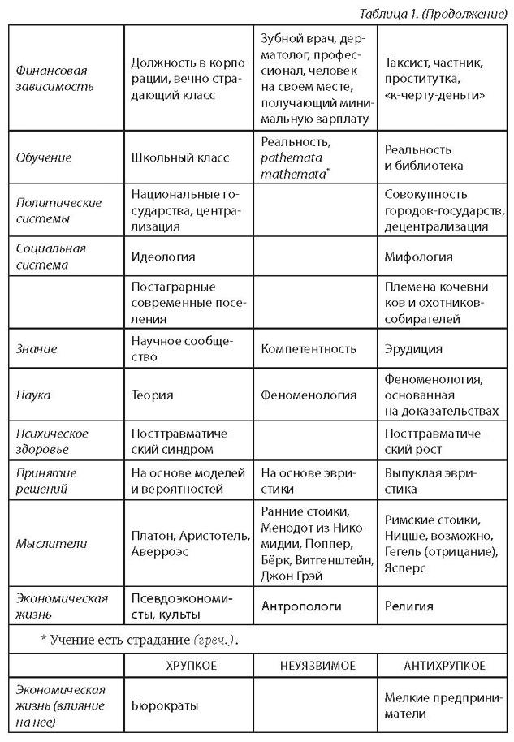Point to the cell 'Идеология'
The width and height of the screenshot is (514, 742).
162,257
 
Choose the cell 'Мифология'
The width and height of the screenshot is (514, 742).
418,257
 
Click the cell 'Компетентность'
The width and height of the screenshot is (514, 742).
309,349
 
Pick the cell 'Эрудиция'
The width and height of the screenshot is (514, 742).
413,349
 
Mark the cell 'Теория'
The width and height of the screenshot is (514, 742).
152,395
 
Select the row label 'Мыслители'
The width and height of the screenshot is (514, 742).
50,543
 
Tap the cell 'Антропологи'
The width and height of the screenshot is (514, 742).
301,606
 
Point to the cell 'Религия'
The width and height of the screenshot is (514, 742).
408,606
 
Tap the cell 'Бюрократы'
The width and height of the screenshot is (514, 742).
165,706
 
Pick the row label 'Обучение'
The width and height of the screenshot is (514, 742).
45,157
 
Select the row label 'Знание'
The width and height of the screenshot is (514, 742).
37,349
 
